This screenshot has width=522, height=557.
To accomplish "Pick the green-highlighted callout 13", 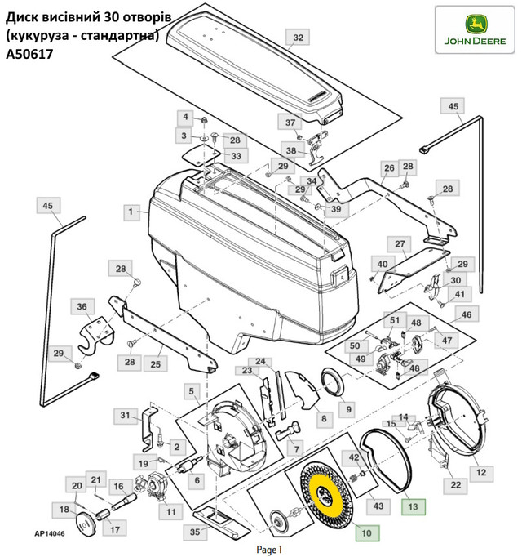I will click(413, 507).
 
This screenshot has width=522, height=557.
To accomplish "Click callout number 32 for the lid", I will click(299, 38).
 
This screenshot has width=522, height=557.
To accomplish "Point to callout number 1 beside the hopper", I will click(129, 212).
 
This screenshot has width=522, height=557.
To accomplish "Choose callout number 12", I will click(481, 472).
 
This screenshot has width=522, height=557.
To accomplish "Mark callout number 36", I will click(82, 307).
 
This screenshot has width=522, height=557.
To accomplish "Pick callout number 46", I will click(466, 315).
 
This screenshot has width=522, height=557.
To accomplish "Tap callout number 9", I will click(346, 408).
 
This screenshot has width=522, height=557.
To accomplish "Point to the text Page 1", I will click(268, 550).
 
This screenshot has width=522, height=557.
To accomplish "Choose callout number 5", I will click(192, 392).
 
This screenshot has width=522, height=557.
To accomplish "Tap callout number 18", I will click(63, 510).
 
